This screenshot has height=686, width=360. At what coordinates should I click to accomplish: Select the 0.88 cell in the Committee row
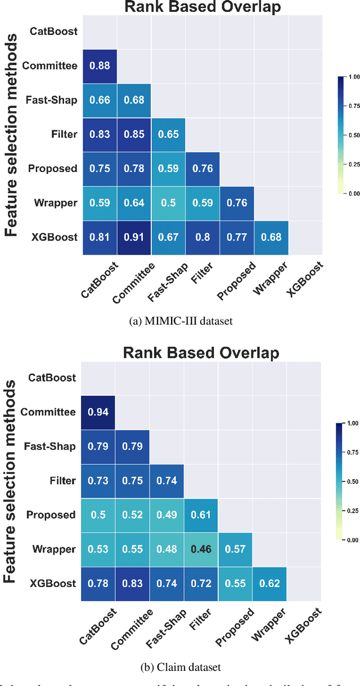click(100, 66)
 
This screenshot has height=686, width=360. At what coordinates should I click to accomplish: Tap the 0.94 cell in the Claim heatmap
click(98, 413)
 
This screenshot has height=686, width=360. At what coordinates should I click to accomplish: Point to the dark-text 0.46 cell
click(201, 549)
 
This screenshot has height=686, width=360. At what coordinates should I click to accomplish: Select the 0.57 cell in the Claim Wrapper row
click(235, 549)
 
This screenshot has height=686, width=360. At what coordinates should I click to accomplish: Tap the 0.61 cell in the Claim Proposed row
click(201, 515)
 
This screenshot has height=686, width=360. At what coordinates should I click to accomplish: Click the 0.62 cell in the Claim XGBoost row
click(269, 584)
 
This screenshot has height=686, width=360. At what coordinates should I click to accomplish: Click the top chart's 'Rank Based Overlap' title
click(202, 7)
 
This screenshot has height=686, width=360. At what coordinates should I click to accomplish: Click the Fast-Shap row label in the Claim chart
click(50, 446)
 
